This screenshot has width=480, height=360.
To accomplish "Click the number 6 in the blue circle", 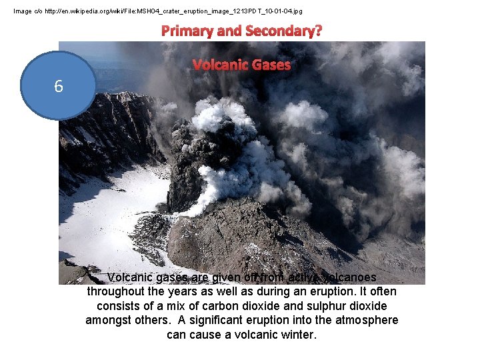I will [59, 86].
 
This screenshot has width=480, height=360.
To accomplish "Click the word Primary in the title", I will [193, 31].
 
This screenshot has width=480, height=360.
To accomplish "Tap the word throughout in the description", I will [117, 291].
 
